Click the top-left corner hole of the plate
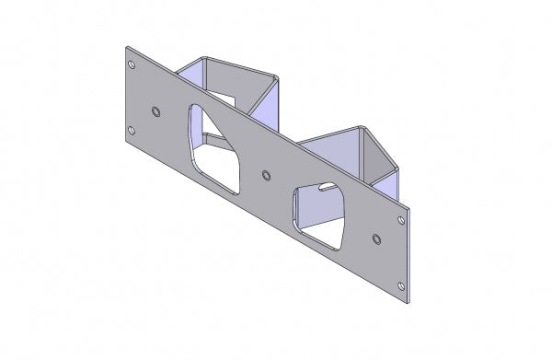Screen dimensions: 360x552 (131, 65)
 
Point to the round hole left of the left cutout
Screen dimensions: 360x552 (155, 110)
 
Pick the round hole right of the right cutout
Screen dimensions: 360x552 (376, 238)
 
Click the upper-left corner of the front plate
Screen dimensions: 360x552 (126, 48)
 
